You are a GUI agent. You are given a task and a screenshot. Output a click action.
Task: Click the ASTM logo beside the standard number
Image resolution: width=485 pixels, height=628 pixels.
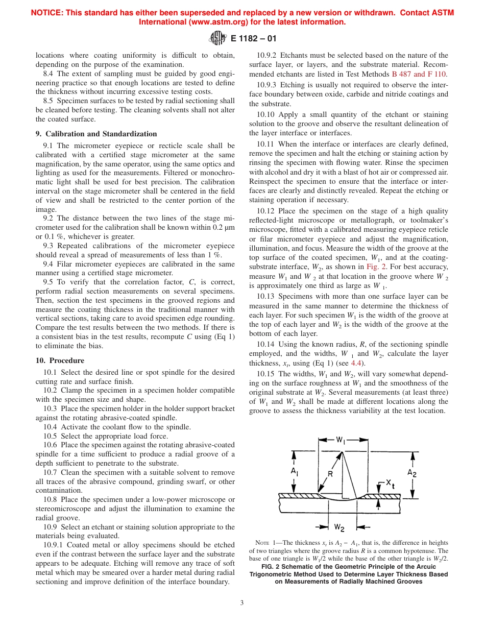pos(218,38)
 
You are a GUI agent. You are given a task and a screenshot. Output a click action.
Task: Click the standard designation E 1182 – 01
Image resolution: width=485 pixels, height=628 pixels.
pos(253,38)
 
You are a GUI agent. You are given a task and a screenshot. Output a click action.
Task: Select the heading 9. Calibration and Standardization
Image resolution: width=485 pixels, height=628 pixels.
pos(96,134)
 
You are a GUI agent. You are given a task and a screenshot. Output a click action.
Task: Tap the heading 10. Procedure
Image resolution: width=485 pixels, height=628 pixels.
pos(60,360)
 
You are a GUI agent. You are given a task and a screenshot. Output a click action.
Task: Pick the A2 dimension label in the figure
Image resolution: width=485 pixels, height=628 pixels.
pos(412,473)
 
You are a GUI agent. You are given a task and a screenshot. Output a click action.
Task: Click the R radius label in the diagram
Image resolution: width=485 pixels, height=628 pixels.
pos(330,474)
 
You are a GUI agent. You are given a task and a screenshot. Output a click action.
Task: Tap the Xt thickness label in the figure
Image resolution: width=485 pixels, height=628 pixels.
pos(390,482)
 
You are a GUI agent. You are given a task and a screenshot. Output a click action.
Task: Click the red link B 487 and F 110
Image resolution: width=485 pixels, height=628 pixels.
pos(419,74)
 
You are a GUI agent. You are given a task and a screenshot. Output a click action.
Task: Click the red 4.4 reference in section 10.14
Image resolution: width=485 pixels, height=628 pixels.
pos(356,363)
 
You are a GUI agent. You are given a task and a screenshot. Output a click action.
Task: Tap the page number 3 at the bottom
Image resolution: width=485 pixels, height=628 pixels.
pos(242,602)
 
